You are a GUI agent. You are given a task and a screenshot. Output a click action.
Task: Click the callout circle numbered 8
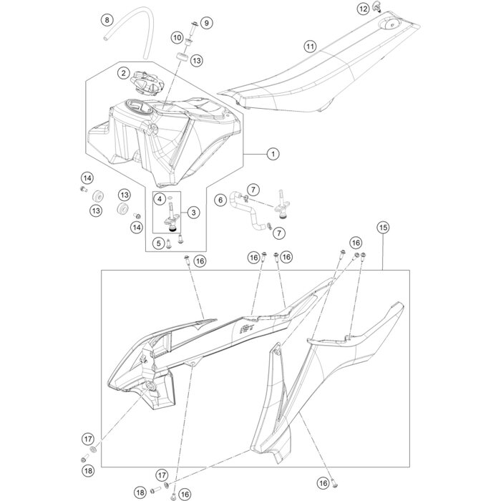[107, 20]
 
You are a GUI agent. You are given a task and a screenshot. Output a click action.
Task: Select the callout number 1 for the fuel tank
[273, 154]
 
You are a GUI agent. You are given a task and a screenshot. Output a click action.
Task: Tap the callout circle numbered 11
[310, 47]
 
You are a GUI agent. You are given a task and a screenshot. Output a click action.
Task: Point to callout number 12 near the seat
[364, 9]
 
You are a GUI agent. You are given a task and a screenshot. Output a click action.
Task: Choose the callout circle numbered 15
[383, 228]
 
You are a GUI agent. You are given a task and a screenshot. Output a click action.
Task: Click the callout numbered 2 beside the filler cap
[124, 73]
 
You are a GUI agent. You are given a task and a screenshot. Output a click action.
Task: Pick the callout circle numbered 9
[206, 23]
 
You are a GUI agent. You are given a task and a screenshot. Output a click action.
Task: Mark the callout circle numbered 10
[177, 38]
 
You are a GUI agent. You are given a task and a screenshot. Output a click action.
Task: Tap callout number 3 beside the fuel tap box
[194, 212]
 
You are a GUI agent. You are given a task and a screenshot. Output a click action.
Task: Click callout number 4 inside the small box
[160, 199]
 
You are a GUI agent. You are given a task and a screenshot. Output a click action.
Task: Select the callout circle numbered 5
[159, 243]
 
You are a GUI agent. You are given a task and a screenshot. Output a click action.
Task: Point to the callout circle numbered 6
[220, 200]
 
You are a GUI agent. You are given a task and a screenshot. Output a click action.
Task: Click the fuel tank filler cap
[147, 82]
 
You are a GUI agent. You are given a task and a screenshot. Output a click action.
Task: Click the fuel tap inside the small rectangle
[171, 218]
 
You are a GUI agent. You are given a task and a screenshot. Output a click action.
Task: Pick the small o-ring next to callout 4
[170, 198]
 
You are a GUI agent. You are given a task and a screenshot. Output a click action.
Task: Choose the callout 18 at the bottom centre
[140, 492]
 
